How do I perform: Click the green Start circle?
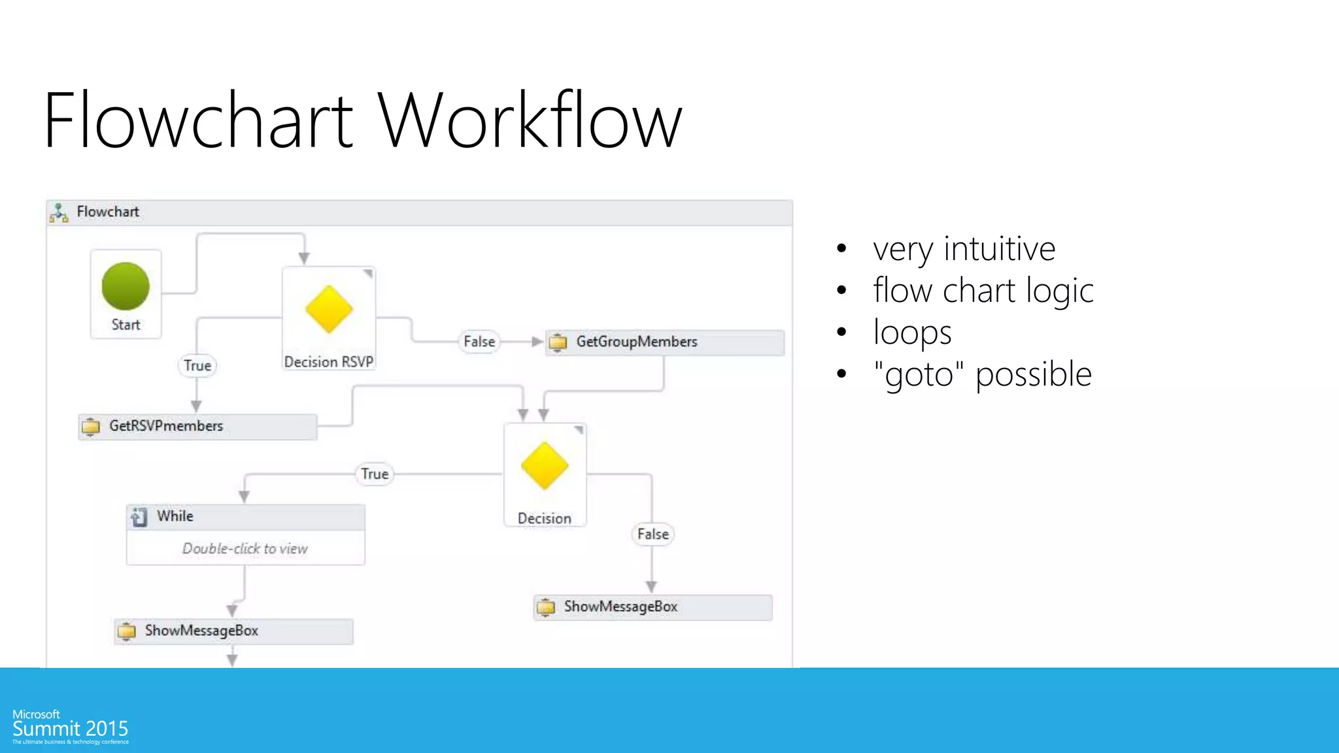tap(126, 286)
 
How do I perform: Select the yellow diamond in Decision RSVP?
tap(329, 309)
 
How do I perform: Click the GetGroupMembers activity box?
tap(664, 343)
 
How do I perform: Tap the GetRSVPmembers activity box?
tap(197, 427)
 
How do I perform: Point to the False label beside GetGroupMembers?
tap(479, 342)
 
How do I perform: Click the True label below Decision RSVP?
tap(197, 365)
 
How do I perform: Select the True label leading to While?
tap(375, 474)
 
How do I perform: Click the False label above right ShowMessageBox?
tap(653, 534)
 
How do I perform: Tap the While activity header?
tap(245, 517)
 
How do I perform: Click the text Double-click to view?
tap(245, 549)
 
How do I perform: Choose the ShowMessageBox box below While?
tap(233, 631)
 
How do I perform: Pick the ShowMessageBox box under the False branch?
tap(653, 607)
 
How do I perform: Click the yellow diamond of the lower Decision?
tap(545, 466)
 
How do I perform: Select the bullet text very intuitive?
tap(964, 249)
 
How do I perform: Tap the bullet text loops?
tap(912, 333)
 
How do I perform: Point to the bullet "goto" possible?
tap(982, 375)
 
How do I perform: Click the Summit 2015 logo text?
tap(70, 729)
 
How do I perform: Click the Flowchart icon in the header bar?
tap(59, 212)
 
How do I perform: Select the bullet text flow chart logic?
tap(983, 291)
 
